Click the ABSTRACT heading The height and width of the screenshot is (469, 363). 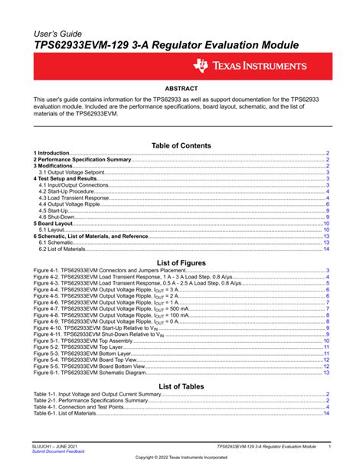tap(182, 90)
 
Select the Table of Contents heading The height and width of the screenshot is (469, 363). tap(181, 145)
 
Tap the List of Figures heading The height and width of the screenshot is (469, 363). tap(181, 262)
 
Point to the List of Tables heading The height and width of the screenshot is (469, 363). tap(181, 386)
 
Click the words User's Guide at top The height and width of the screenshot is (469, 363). tap(59, 35)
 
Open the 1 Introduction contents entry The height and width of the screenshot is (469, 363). tap(52, 154)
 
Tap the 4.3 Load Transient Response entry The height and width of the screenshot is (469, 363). tap(74, 198)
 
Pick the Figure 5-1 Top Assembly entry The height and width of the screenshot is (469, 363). tap(84, 340)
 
